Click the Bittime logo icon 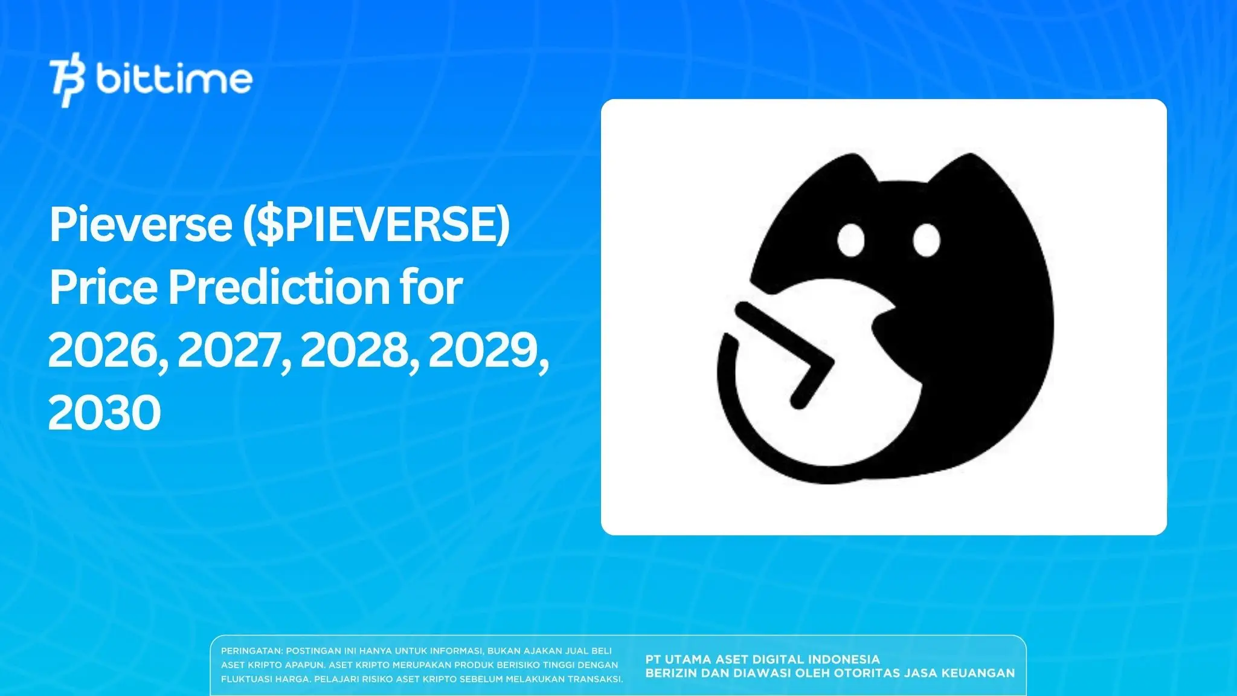(x=68, y=82)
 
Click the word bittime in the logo (x=174, y=79)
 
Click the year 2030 (x=104, y=413)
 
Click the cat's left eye (x=851, y=239)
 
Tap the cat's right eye (x=926, y=240)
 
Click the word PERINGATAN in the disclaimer (x=251, y=651)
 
